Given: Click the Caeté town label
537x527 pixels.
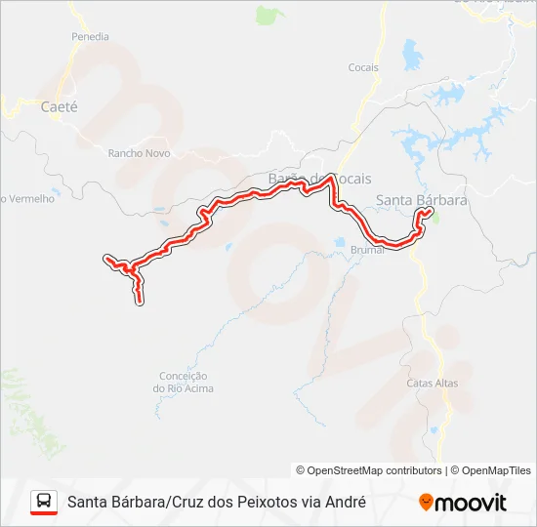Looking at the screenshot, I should pyautogui.click(x=59, y=106).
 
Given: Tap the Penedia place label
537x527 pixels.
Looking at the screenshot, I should pyautogui.click(x=90, y=36).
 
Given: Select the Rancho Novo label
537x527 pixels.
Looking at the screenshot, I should pyautogui.click(x=139, y=153).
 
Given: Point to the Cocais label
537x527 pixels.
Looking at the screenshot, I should pyautogui.click(x=363, y=67).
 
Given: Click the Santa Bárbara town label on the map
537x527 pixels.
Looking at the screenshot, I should pyautogui.click(x=422, y=200).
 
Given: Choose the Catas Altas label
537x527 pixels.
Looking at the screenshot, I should pyautogui.click(x=432, y=383).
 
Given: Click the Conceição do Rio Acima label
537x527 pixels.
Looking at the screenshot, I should pyautogui.click(x=183, y=382).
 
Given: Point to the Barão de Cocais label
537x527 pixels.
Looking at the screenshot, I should pyautogui.click(x=313, y=179).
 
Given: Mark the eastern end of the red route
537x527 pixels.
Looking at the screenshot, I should pyautogui.click(x=430, y=211).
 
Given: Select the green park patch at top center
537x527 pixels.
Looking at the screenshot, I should pyautogui.click(x=266, y=15).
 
